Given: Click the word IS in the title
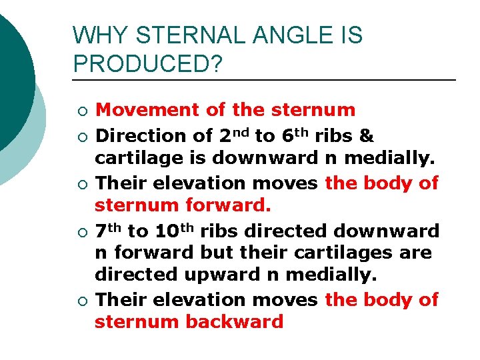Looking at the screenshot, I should [x=351, y=35].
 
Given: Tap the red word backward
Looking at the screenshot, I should [x=235, y=322].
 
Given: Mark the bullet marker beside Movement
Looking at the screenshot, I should [x=81, y=110].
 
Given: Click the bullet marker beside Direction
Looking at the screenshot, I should [x=81, y=137].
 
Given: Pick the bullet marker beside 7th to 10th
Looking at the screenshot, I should [x=81, y=232].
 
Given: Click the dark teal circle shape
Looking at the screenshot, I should [x=13, y=80].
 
